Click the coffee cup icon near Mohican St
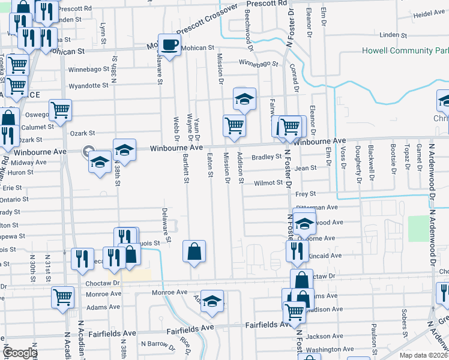click(170, 44)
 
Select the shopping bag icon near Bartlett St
click(194, 251)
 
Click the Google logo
click(20, 353)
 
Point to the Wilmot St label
click(268, 182)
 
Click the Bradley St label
click(267, 157)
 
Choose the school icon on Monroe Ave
click(212, 301)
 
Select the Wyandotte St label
click(88, 86)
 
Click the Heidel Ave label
click(428, 13)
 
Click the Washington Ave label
click(330, 349)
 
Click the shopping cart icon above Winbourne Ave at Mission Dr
click(234, 126)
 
